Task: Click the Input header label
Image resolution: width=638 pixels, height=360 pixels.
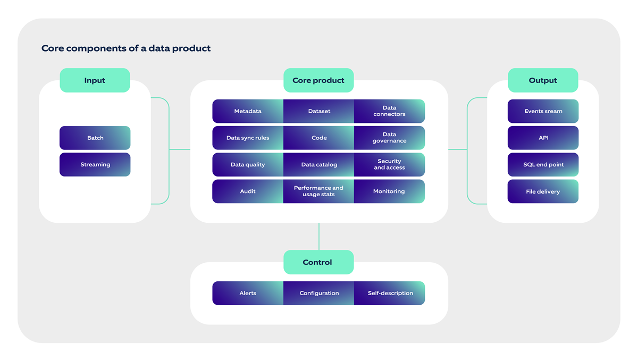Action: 95,80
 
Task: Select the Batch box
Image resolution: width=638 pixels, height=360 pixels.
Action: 95,138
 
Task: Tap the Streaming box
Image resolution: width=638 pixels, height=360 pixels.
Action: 95,164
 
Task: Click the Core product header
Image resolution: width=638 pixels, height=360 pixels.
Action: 318,80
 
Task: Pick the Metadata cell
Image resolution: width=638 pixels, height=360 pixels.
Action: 248,111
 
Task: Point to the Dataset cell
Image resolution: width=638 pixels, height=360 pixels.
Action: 319,111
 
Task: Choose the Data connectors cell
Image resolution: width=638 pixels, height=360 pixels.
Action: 389,111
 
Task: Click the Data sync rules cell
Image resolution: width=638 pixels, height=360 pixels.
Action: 248,138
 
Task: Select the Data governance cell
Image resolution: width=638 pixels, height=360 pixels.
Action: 389,138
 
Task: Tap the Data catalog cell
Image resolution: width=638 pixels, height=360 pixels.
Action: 319,164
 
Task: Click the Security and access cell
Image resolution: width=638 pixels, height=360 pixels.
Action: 389,164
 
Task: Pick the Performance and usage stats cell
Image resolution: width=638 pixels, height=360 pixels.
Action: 319,191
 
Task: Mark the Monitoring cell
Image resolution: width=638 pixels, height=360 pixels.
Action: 389,191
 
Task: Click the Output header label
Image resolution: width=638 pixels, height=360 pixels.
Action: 543,80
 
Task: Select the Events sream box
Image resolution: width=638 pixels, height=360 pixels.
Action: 543,111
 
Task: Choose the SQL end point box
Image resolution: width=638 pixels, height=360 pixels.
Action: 543,164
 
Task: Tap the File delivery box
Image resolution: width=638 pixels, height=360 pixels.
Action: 543,191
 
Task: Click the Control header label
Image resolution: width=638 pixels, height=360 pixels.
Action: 317,262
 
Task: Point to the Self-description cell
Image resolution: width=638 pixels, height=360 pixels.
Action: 390,293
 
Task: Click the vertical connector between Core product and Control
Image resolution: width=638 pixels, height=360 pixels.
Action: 319,236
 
